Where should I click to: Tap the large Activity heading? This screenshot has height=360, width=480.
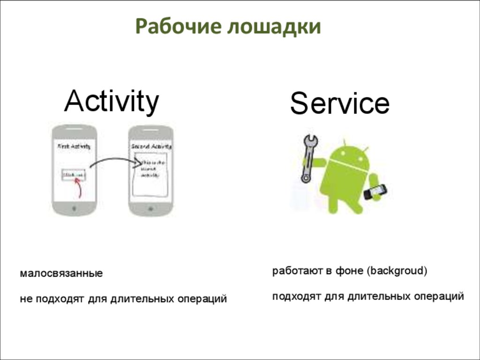click(x=112, y=101)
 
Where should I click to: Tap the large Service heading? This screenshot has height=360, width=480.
click(x=339, y=104)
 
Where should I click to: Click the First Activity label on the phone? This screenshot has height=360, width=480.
click(x=74, y=146)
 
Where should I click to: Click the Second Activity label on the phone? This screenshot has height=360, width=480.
click(x=150, y=146)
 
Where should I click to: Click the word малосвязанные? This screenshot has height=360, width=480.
click(x=61, y=273)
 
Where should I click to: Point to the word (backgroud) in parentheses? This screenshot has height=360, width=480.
click(x=397, y=271)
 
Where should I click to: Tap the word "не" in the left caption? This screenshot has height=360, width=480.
click(x=25, y=299)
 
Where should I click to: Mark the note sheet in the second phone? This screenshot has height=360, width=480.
click(x=150, y=176)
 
